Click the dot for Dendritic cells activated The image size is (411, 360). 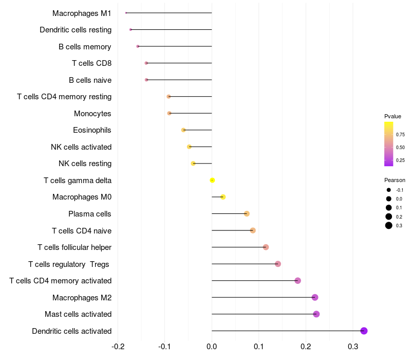(364, 331)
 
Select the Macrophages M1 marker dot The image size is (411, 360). (126, 13)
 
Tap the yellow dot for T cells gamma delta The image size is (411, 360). (212, 181)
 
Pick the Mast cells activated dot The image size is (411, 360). (316, 314)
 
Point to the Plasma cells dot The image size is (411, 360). (247, 213)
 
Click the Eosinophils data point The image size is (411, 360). (183, 130)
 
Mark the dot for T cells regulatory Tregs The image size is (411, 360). (278, 264)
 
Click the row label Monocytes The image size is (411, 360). (92, 114)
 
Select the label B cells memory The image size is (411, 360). (85, 47)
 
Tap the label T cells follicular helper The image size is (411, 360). (74, 247)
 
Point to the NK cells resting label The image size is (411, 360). (85, 164)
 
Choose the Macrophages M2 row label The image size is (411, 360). (82, 298)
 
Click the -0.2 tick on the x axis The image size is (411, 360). (118, 347)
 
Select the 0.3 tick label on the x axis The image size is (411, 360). (353, 347)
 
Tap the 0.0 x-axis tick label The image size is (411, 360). (212, 347)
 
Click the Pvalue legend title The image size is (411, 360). (393, 116)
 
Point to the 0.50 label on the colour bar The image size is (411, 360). (400, 148)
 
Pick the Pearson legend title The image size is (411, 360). (395, 180)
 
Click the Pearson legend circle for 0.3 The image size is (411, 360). (389, 225)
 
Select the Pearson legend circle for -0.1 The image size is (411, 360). (389, 190)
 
